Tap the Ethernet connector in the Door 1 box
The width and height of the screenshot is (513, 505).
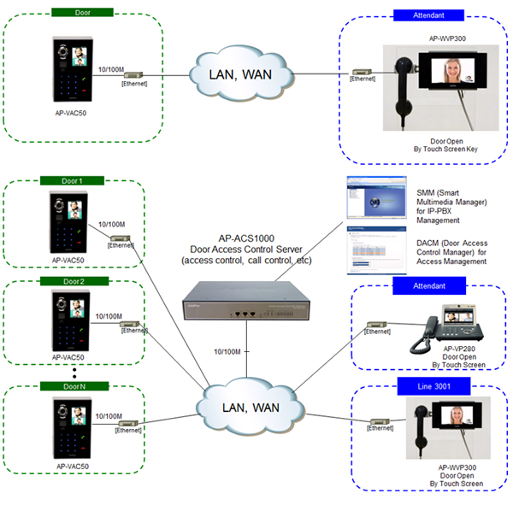point(114,237)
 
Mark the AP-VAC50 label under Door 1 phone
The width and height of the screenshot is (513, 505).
point(68,260)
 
